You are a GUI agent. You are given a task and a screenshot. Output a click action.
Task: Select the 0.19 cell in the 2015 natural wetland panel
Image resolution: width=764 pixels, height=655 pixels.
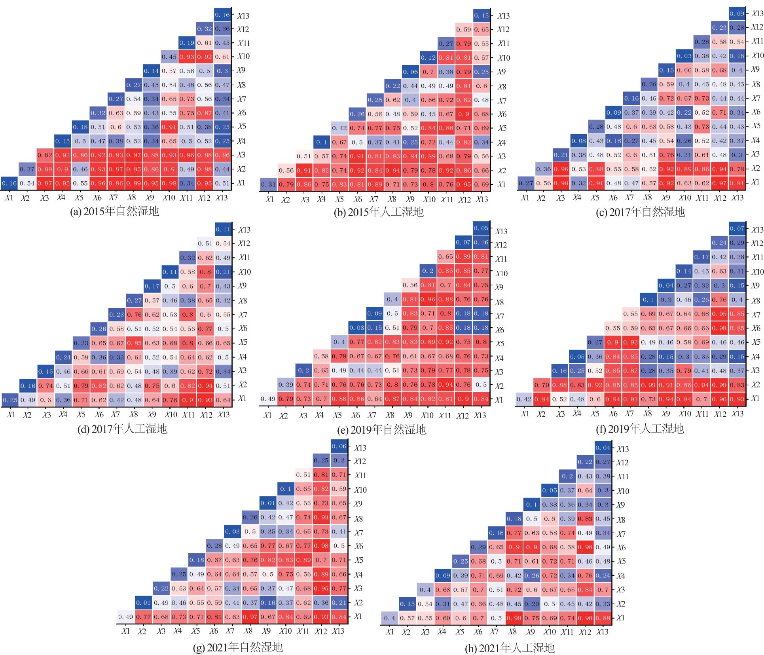[x=187, y=43]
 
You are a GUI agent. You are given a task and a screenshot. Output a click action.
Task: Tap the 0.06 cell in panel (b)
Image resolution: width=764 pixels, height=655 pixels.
[x=410, y=72]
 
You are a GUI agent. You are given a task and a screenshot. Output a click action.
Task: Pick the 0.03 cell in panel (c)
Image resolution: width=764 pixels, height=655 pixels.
[x=684, y=56]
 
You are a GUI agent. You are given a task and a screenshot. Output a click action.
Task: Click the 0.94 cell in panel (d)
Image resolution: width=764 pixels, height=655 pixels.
[x=205, y=386]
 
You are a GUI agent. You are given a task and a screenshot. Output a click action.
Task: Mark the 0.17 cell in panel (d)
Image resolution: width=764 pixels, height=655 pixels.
[x=152, y=286]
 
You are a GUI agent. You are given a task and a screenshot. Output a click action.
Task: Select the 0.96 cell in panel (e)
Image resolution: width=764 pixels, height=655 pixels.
[x=428, y=299]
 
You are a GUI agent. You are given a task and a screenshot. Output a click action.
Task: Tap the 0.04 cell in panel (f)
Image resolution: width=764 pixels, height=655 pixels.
[x=666, y=285]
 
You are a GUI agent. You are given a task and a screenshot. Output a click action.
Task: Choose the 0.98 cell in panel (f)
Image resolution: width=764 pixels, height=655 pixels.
[x=720, y=328]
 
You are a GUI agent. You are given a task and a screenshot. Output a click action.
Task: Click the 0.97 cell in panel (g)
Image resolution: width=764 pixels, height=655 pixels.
[x=250, y=617]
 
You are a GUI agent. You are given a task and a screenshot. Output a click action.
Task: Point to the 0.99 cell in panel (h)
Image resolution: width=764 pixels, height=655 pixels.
[x=514, y=618]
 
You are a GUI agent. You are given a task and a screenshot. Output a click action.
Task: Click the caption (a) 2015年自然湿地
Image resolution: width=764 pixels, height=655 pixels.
[x=114, y=211]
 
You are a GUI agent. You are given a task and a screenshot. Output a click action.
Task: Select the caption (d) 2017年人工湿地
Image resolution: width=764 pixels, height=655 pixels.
[x=122, y=429]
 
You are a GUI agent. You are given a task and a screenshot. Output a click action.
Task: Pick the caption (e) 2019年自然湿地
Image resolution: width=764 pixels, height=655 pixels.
[x=381, y=429]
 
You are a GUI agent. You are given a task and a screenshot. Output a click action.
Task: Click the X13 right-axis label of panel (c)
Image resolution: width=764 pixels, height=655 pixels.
[x=756, y=13]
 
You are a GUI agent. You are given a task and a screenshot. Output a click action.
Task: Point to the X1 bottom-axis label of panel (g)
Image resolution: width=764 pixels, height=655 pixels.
[x=125, y=631]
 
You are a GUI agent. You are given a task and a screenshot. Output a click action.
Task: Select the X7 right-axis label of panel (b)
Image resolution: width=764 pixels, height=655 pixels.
[x=502, y=101]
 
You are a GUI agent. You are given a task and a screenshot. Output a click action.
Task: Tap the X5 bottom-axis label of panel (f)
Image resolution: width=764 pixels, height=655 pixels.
[x=595, y=414]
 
